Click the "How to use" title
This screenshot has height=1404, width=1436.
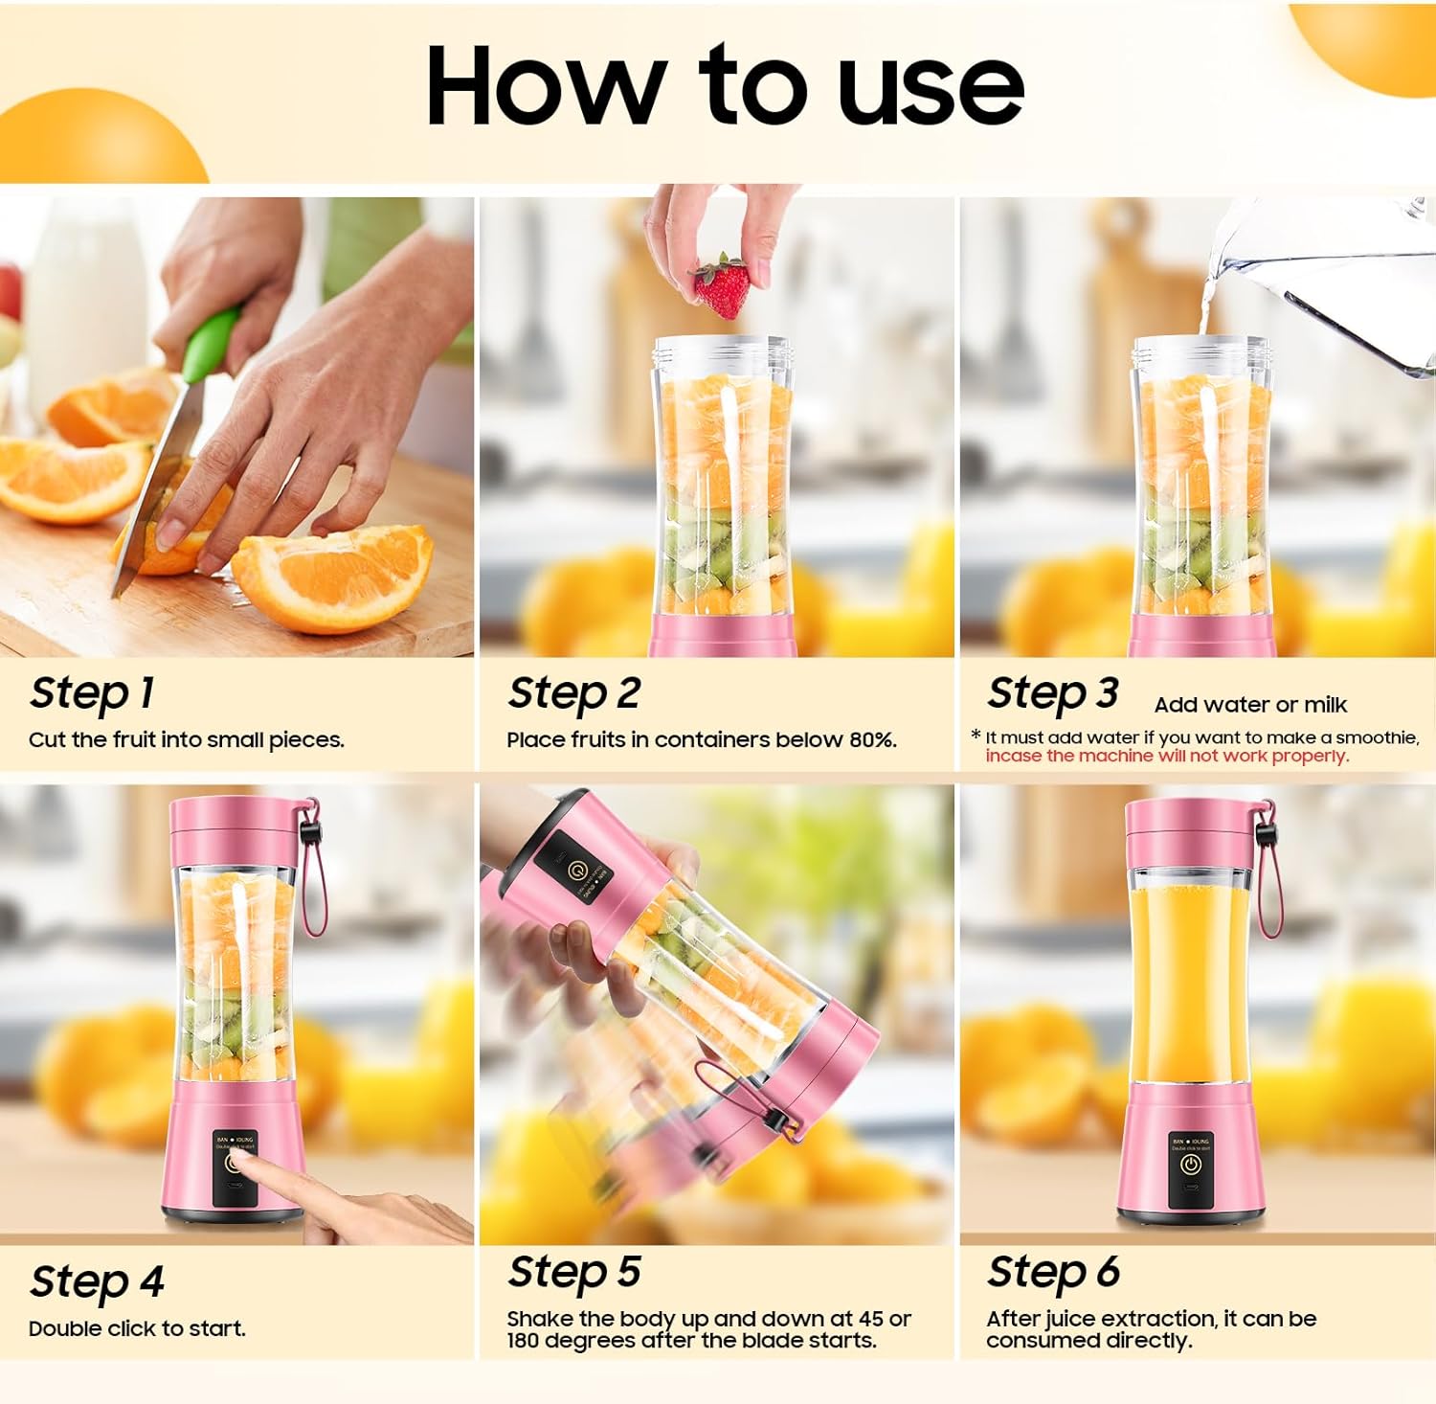(725, 86)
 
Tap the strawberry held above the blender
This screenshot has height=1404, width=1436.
(723, 287)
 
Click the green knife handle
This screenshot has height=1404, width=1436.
(211, 345)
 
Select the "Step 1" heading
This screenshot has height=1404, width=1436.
(92, 693)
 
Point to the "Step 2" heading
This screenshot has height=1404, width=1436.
(573, 693)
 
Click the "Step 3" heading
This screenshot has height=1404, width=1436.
(1052, 693)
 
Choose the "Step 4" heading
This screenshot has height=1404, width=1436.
(97, 1282)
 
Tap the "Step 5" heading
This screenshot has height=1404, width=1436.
(573, 1273)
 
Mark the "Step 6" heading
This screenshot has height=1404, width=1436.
(1053, 1273)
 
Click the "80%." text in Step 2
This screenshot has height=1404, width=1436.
(872, 740)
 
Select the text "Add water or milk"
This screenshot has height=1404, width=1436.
(1250, 705)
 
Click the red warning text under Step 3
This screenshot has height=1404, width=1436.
(1167, 757)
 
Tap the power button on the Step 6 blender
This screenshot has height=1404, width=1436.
(1190, 1165)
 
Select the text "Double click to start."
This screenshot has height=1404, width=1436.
(137, 1329)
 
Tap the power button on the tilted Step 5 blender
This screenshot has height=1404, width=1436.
(576, 872)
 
